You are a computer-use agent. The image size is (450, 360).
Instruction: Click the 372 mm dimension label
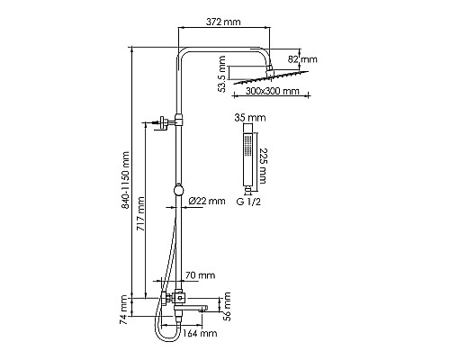click(x=223, y=22)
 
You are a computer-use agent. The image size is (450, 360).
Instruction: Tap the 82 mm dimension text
click(x=302, y=59)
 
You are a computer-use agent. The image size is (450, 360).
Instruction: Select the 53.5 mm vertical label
click(x=222, y=74)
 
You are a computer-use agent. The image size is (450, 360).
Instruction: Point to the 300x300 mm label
click(x=273, y=91)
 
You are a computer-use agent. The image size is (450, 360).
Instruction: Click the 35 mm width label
click(x=250, y=117)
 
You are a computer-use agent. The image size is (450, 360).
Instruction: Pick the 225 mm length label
click(x=262, y=166)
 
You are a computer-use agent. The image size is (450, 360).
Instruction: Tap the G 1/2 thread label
click(x=248, y=202)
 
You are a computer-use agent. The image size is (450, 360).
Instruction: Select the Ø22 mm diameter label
click(x=207, y=201)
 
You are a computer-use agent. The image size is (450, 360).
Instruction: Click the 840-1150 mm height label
click(x=125, y=180)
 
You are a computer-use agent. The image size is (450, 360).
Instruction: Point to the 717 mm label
click(x=140, y=213)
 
